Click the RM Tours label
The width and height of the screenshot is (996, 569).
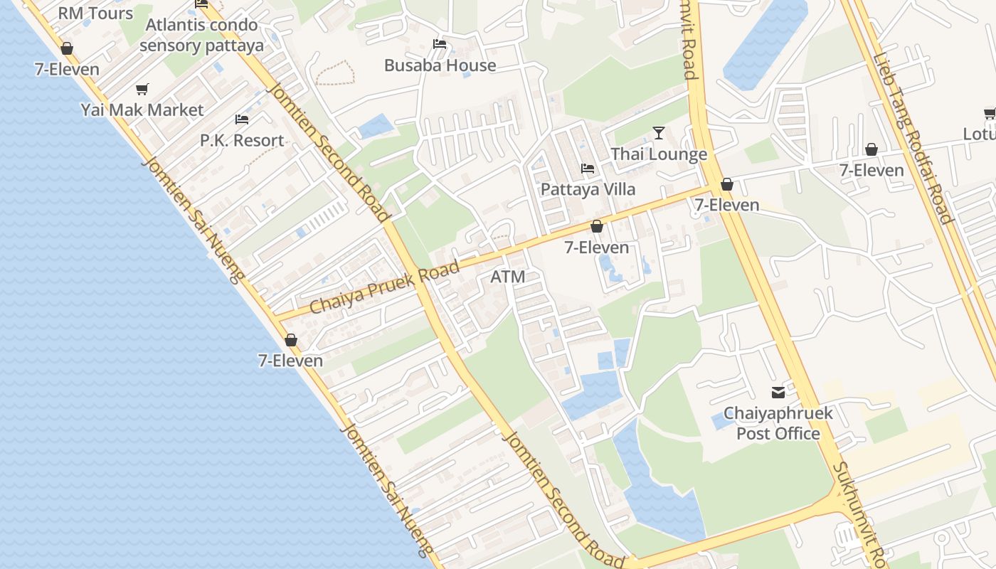click(x=95, y=14)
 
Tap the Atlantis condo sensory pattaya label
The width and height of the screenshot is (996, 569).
click(x=201, y=36)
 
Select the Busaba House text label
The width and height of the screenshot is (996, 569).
click(x=440, y=65)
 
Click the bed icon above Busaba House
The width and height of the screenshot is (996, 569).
click(x=440, y=44)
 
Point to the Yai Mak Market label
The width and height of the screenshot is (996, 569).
click(x=142, y=110)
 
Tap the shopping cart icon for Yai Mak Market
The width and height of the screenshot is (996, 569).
click(x=142, y=90)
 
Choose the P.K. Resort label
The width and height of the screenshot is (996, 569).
click(x=242, y=140)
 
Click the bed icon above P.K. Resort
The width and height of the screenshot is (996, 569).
click(x=242, y=119)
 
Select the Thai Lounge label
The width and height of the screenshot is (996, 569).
click(x=659, y=154)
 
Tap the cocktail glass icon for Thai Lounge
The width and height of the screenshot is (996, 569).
click(x=659, y=133)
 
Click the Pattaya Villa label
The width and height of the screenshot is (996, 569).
click(x=588, y=190)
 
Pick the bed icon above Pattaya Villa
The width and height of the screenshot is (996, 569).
click(x=588, y=169)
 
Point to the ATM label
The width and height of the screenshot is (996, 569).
click(x=508, y=277)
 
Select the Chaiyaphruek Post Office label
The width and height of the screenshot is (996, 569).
click(x=778, y=423)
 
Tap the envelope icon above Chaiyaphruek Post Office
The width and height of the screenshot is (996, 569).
click(x=778, y=392)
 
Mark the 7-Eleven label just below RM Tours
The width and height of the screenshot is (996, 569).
click(x=67, y=70)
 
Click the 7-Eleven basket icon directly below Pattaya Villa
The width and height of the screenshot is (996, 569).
click(x=597, y=226)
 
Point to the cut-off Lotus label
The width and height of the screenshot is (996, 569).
click(x=980, y=134)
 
